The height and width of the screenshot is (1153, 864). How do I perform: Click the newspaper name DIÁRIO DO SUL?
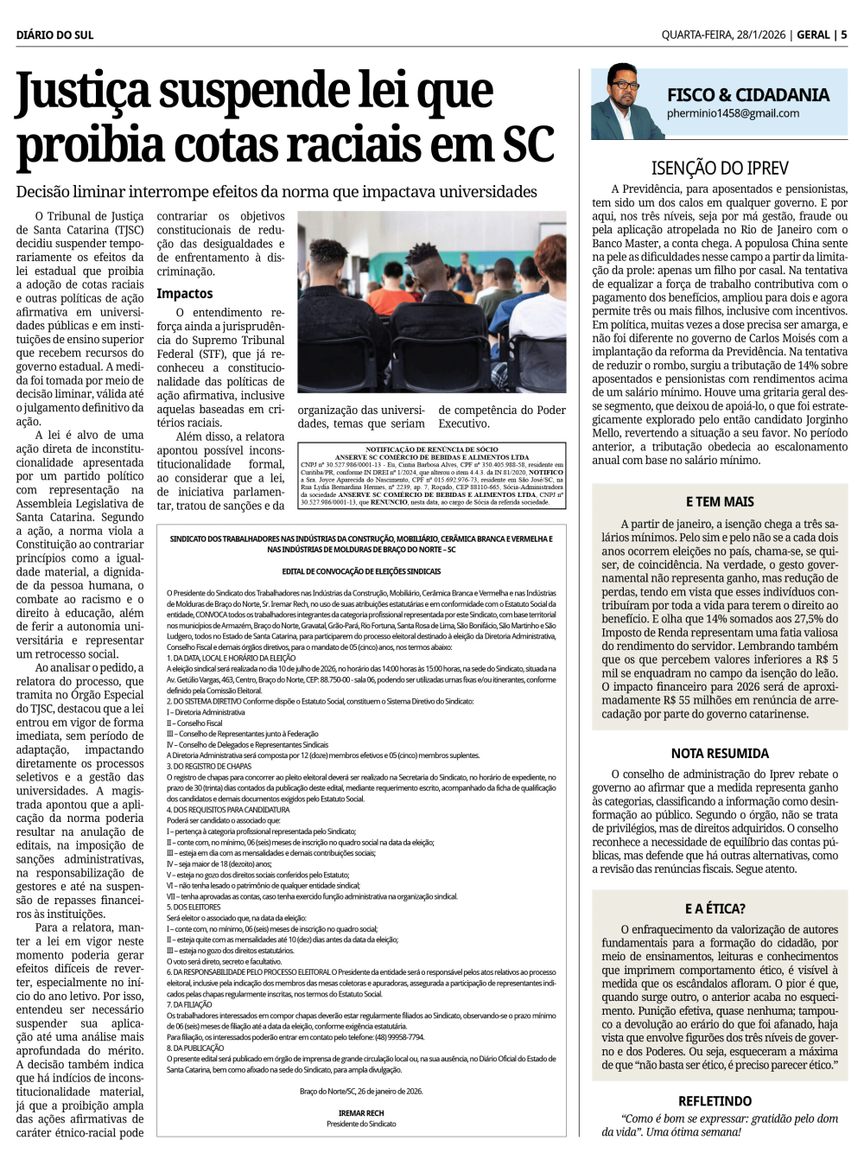(54, 35)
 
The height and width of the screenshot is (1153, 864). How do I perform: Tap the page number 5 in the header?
(843, 35)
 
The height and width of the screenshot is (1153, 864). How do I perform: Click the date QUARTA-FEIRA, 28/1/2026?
(722, 35)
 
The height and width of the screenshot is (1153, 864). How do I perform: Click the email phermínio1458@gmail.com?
(733, 113)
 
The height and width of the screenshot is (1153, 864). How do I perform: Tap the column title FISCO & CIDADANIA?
(747, 94)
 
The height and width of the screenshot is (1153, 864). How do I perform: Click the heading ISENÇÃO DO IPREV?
(720, 168)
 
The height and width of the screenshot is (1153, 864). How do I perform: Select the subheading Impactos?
(185, 294)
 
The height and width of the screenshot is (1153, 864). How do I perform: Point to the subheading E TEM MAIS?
(720, 501)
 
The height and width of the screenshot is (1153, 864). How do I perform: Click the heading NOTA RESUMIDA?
(720, 754)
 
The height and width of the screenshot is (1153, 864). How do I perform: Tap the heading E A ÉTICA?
(715, 908)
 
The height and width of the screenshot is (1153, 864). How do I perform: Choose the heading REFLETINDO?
(715, 1101)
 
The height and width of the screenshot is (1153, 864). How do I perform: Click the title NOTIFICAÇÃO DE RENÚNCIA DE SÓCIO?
(432, 449)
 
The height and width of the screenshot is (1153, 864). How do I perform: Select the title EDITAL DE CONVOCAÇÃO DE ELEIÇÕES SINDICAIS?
(361, 571)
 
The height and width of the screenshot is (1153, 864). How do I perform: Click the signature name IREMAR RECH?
(361, 1113)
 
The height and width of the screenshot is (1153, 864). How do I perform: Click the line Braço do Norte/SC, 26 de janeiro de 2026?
(361, 1092)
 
